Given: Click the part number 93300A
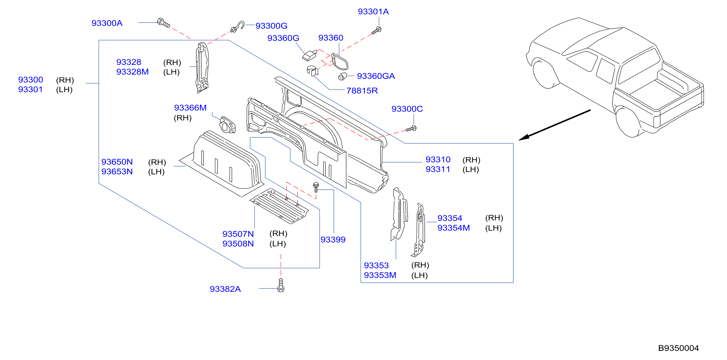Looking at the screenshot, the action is [107, 23].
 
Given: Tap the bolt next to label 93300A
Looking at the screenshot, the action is [163, 23].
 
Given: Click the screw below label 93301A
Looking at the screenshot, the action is [376, 31].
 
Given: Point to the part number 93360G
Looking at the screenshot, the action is [283, 38].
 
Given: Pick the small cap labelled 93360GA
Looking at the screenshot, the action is [342, 76].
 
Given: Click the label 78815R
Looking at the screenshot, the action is [362, 90].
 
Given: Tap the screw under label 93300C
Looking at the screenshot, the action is [411, 129].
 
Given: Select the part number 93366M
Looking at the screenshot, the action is [190, 108].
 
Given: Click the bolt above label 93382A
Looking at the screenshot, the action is [281, 285].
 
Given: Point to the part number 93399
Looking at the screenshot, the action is [333, 239].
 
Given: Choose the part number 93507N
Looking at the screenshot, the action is [238, 234].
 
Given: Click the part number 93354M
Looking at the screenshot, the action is [454, 228].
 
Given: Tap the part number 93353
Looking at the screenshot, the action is [376, 265].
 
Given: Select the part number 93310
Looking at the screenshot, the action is [438, 160].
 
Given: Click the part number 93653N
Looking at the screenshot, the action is [117, 172].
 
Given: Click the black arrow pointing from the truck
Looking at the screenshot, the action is [555, 125].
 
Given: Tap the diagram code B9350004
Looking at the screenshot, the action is [678, 348].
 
